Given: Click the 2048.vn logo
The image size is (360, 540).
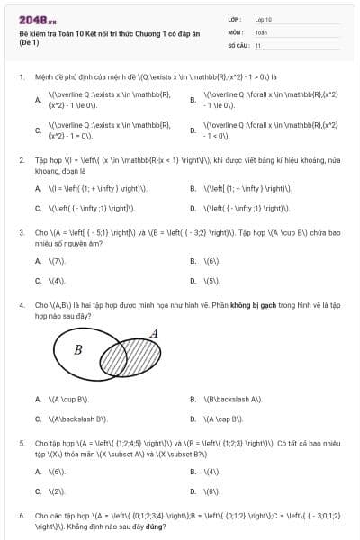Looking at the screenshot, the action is pos(32,18).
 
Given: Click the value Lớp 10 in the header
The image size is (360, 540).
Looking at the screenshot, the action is pos(263,19).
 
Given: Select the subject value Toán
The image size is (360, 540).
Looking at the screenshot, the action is pos(260,31).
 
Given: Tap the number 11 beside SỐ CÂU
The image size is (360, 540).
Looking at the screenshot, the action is pos(258,45).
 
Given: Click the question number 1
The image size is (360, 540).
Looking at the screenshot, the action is pos(21,77).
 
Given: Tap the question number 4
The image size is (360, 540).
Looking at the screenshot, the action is pos(21,305).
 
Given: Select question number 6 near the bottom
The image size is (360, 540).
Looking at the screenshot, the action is pos(21,516).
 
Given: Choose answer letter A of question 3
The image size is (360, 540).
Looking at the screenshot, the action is pos(38,261).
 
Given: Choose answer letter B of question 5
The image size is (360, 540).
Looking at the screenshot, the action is pos(193,472).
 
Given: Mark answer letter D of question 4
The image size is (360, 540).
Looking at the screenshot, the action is pos(193,418).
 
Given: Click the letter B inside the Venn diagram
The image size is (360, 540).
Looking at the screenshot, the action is pos(77,349).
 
